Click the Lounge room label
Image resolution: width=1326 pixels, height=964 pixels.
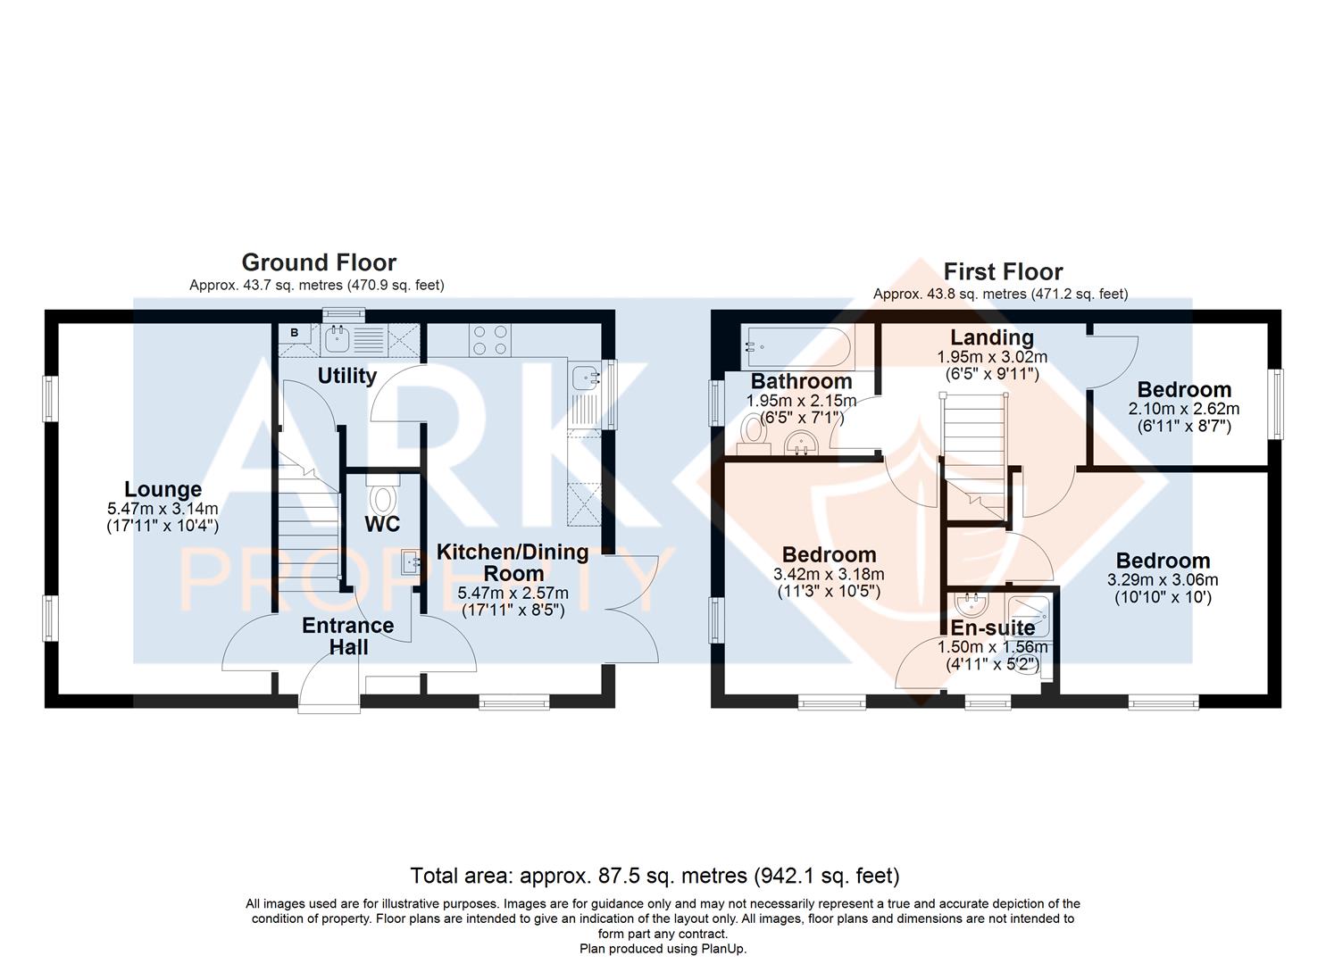click(x=163, y=489)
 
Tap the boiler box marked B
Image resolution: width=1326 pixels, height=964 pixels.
click(x=295, y=333)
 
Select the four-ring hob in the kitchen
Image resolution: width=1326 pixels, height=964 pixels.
click(x=490, y=340)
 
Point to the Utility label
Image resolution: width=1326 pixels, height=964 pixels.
click(x=346, y=376)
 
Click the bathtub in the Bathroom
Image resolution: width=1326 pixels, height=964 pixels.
click(x=796, y=347)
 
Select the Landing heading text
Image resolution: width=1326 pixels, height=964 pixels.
click(x=992, y=337)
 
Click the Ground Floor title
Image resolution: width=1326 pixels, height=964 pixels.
click(x=319, y=262)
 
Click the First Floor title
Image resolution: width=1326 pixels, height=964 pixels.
click(x=1004, y=271)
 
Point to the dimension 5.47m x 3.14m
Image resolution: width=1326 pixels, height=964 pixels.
click(x=163, y=509)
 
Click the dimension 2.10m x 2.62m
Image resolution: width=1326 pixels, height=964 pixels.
click(x=1184, y=408)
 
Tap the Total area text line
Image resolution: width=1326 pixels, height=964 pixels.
click(x=655, y=876)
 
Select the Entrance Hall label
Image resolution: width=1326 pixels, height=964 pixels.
click(x=348, y=636)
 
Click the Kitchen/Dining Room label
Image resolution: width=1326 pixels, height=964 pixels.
click(x=513, y=562)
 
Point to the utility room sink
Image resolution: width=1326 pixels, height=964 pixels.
click(x=337, y=340)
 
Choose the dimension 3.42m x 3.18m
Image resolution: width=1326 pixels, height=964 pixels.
click(x=829, y=574)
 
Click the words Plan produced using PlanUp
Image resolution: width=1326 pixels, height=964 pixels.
click(x=663, y=949)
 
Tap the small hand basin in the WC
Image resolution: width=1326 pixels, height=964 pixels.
click(x=411, y=561)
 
